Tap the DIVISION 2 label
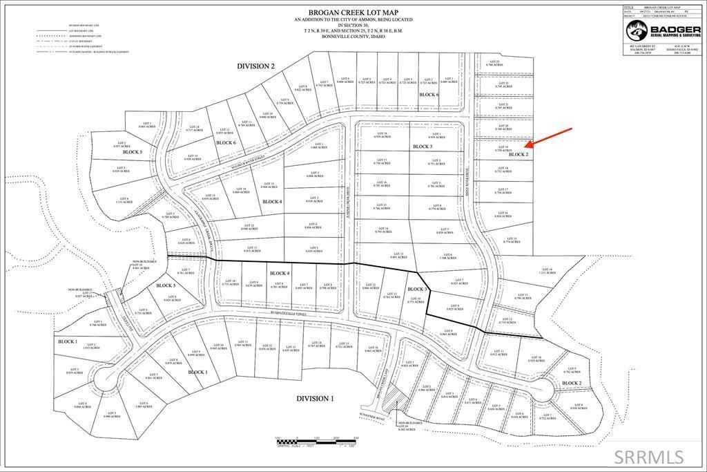(x=255, y=66)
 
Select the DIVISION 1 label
(x=315, y=399)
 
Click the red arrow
(x=550, y=138)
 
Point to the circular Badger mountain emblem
(x=636, y=30)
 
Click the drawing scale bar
(x=317, y=440)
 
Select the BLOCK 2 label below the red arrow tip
(x=518, y=155)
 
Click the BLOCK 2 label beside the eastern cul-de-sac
(x=572, y=383)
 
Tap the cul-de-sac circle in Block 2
(x=542, y=390)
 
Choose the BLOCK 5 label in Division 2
(x=131, y=151)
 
